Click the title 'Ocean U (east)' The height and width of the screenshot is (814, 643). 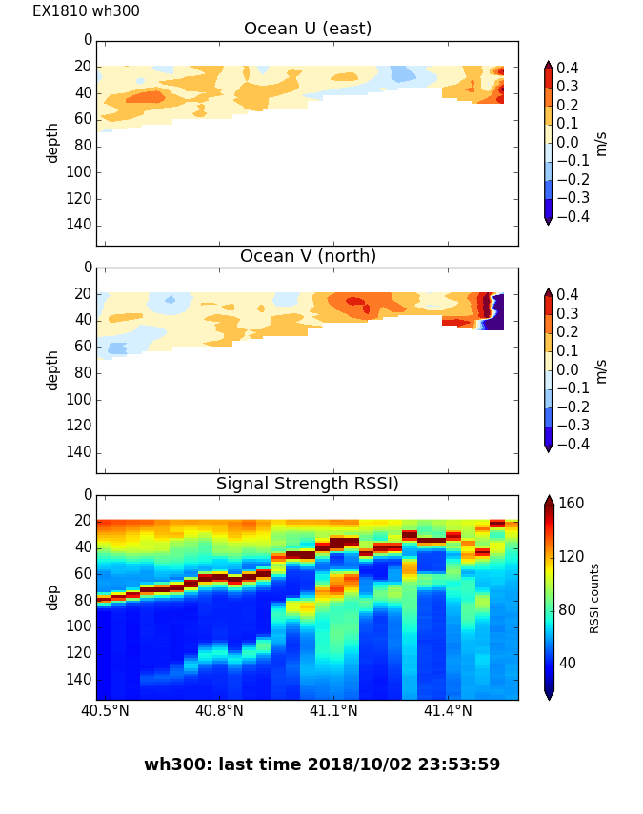coord(307,29)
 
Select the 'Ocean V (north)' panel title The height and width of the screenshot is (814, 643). coord(307,256)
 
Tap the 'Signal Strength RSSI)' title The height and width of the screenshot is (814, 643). coord(307,484)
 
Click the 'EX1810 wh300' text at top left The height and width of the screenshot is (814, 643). coord(86,11)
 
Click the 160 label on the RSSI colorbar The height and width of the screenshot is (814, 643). coord(571,504)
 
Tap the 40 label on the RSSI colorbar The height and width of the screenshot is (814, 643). coord(567,663)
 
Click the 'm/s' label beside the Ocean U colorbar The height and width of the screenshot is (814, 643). coord(600,143)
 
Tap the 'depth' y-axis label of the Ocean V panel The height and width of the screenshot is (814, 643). coord(52,369)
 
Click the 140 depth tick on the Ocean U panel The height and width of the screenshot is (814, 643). coord(80,224)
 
